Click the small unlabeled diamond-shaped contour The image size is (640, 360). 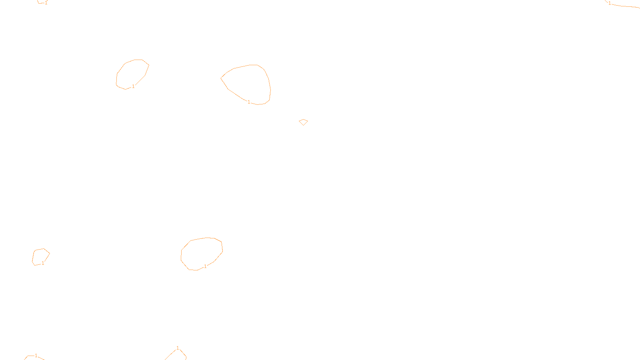click(303, 122)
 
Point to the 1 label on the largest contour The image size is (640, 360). click(249, 102)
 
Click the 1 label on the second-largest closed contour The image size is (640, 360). click(205, 266)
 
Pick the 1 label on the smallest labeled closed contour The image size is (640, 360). click(43, 263)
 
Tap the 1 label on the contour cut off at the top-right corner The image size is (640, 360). click(610, 3)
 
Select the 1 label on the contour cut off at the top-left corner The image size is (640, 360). click(46, 3)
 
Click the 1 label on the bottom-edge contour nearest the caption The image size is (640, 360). click(178, 348)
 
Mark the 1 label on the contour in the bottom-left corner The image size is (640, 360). click(36, 356)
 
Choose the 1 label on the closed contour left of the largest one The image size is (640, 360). click(133, 86)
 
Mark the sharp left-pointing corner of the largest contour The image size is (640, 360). click(221, 78)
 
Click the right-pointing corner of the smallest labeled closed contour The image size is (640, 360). click(50, 253)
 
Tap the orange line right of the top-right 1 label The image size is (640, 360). click(626, 6)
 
